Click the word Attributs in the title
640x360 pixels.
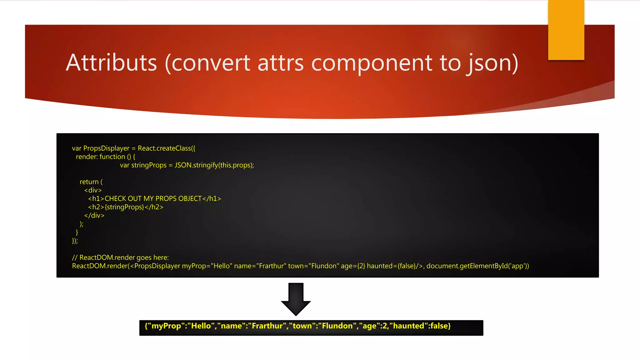[111, 63]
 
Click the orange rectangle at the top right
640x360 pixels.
[566, 30]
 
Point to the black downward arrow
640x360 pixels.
[296, 299]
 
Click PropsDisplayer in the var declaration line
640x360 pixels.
[106, 148]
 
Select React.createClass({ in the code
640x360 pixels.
[166, 148]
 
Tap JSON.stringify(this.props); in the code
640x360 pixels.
[214, 165]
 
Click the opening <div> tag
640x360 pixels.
[93, 190]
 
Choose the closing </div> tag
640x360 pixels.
[94, 216]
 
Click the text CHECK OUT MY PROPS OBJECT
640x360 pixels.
[153, 199]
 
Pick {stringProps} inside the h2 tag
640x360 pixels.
[124, 207]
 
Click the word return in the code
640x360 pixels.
[89, 182]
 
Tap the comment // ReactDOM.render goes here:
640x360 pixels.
[120, 257]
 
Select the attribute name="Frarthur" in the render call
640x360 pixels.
[260, 266]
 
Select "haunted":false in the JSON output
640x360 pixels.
[418, 326]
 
